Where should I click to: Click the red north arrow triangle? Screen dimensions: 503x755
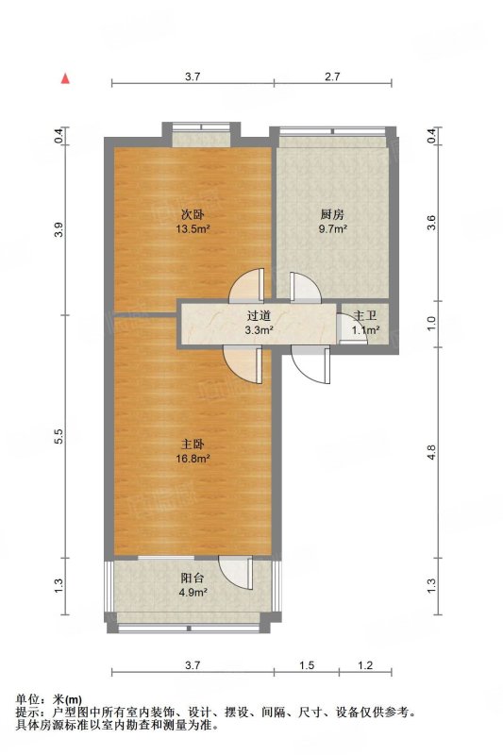65,78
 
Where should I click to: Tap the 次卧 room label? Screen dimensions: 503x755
193,214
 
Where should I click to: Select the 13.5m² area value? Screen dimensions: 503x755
193,228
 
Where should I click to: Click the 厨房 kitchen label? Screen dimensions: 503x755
332,214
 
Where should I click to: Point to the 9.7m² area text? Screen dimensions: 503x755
332,228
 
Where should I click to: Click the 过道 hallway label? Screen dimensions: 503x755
259,316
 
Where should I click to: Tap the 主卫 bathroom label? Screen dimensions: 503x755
365,316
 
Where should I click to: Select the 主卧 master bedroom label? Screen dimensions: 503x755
193,444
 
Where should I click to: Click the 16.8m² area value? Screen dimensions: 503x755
193,459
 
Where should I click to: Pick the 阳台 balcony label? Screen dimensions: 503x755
193,578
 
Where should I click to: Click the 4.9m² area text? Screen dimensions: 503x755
193,593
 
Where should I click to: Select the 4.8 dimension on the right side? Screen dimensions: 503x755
432,453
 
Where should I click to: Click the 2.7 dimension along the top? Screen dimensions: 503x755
332,76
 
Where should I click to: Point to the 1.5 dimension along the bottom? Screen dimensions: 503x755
307,665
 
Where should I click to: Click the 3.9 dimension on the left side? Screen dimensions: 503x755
59,229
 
